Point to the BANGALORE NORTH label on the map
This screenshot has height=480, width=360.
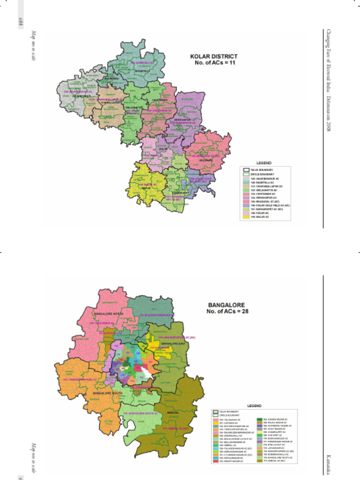point(108,313)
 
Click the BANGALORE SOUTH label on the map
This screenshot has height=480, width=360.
point(107,392)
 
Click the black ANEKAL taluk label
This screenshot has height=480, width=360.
point(173,413)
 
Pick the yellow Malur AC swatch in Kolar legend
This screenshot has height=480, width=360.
point(246,217)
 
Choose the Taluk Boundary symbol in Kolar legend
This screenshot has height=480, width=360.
point(246,169)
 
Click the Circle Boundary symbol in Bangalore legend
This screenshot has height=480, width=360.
point(216,415)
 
